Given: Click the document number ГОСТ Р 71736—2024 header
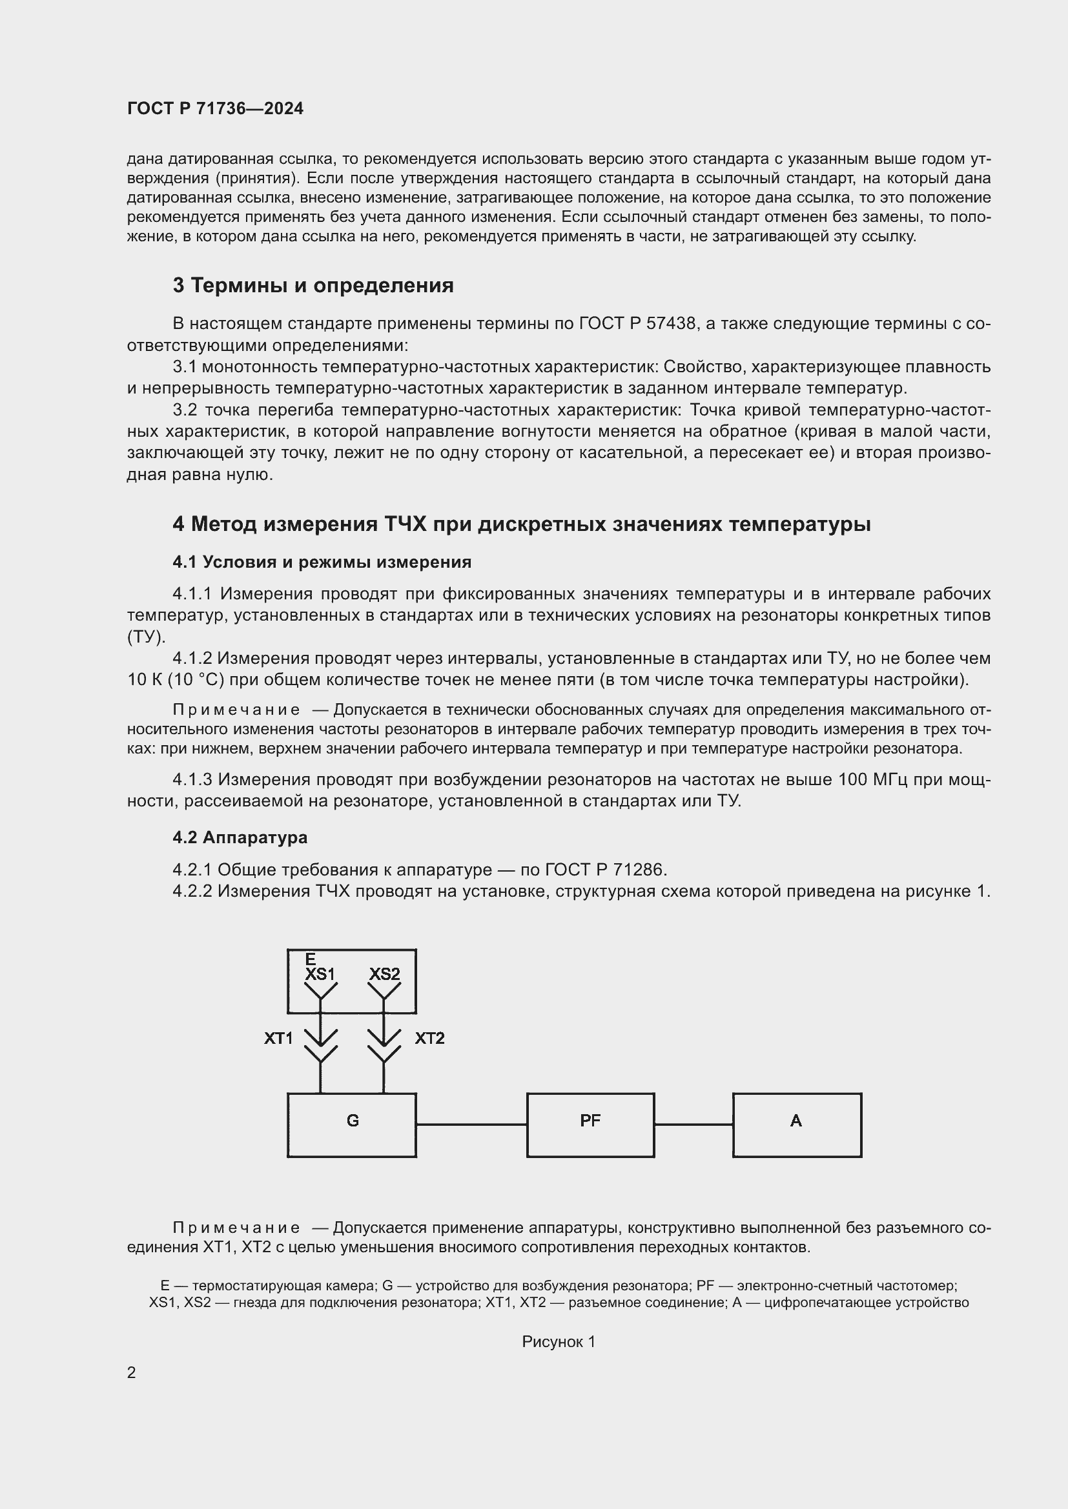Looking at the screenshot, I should coord(215,108).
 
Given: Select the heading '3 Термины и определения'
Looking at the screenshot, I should coord(313,285).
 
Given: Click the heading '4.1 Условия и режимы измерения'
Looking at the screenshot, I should coord(322,562).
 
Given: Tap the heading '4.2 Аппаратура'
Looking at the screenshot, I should coord(240,837).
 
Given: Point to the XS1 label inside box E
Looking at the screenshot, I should coord(320,974).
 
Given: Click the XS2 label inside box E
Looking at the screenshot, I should coord(384,974).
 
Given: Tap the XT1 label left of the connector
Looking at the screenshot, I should coord(278,1039).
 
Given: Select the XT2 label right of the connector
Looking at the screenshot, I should coord(429,1039).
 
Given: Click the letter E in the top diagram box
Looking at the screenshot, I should coord(311,959).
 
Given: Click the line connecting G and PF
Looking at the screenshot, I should coord(471,1124).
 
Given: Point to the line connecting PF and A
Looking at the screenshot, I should coord(693,1124).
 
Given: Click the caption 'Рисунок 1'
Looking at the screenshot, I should coord(559,1342).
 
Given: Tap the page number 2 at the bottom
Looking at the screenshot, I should coord(132,1373).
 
